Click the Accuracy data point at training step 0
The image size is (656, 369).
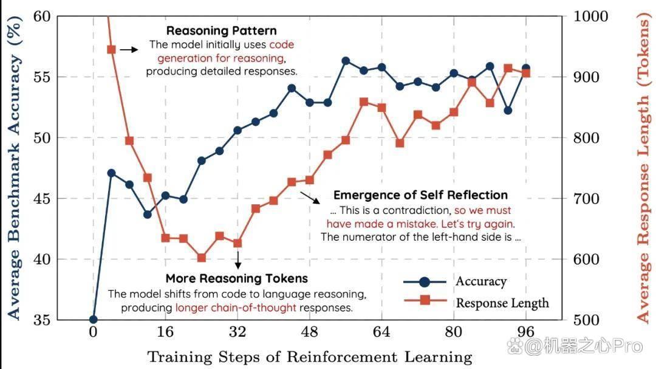pos(94,320)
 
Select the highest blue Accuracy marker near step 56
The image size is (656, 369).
pos(346,61)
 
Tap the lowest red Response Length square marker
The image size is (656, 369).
pos(202,258)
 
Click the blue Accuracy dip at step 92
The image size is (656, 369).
pos(508,111)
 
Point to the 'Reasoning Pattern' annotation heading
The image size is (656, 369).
pos(221,30)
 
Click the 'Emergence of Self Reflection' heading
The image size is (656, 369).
pos(420,195)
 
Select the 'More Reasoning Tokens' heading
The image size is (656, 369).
pos(236,278)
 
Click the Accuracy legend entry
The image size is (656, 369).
pos(455,281)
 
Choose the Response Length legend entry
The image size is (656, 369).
pos(476,302)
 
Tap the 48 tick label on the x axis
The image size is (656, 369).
pos(310,332)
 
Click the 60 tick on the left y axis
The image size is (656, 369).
pos(42,16)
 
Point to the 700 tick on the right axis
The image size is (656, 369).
pos(586,199)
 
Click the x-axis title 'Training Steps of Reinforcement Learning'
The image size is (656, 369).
pos(310,357)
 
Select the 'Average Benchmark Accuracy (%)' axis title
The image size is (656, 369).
pos(13,168)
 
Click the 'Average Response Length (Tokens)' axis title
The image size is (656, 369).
pos(644,168)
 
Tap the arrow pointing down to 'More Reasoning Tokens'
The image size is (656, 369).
pos(238,260)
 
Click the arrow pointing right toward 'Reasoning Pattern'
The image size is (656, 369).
pos(129,49)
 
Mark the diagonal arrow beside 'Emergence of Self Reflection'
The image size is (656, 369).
pos(310,198)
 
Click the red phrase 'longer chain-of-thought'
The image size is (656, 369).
pos(236,308)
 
